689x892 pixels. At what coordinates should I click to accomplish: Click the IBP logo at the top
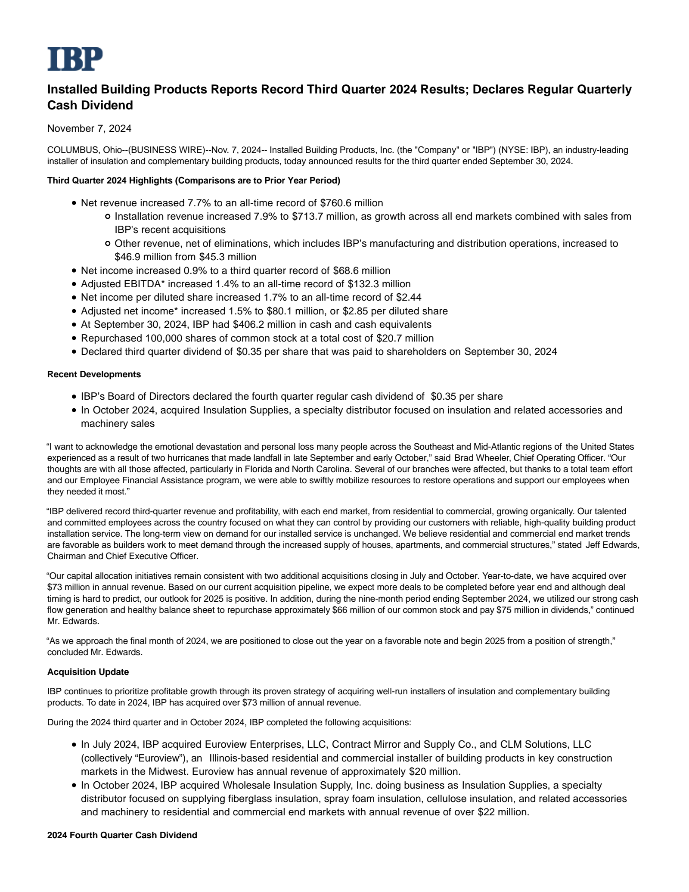75,59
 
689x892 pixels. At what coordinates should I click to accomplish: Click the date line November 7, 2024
89,128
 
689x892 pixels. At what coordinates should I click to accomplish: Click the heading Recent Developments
94,374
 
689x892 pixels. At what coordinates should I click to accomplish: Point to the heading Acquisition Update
88,672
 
